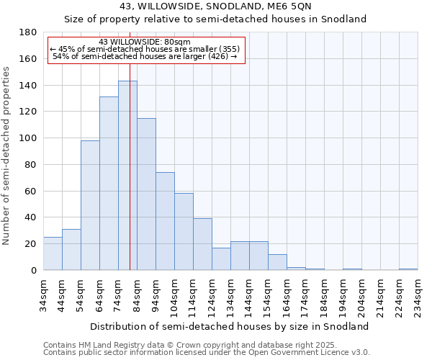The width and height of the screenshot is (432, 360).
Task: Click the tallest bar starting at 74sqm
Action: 127,176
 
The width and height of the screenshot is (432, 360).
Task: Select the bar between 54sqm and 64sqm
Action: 90,205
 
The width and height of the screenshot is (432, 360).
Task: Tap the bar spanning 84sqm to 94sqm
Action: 146,194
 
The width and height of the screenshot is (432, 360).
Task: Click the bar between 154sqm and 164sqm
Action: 277,262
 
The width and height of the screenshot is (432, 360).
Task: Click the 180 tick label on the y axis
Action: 28,32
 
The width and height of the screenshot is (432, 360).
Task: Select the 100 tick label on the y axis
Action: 28,138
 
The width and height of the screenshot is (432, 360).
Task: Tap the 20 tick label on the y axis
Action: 31,244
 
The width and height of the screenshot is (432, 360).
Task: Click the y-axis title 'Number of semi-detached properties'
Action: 6,155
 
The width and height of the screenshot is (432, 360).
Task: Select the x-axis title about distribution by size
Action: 230,326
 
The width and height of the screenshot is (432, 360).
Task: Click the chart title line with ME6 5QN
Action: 216,6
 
